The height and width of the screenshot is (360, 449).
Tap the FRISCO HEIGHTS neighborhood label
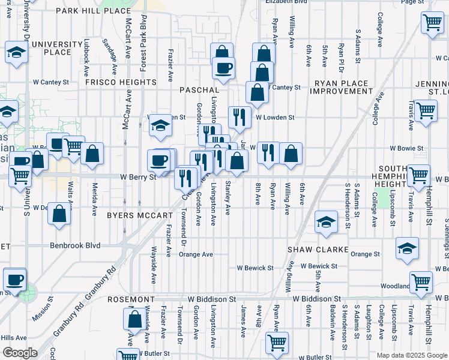coord(121,82)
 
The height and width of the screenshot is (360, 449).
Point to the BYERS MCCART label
coord(140,214)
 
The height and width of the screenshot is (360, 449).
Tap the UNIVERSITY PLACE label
coord(57,48)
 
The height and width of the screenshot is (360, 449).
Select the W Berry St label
coord(137,177)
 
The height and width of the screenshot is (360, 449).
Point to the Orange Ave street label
coord(196,254)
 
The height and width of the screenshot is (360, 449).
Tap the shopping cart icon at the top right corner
coord(432,24)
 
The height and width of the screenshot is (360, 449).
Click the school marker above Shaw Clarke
coord(326,223)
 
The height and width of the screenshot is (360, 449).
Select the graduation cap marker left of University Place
coord(17,53)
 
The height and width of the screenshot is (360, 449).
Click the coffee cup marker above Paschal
coord(223,69)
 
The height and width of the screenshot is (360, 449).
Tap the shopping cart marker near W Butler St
coord(277,343)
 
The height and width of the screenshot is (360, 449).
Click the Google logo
coord(20,353)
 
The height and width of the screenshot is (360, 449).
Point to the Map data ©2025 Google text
coord(411,355)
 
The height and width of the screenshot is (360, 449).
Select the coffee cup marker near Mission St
coord(14,279)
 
